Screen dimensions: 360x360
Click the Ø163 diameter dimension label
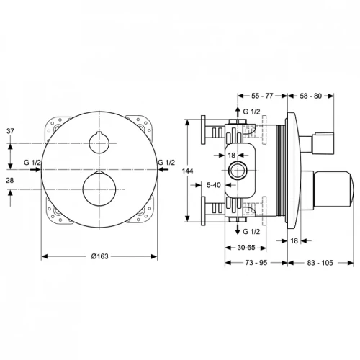tap(99, 256)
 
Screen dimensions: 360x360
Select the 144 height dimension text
tap(187, 171)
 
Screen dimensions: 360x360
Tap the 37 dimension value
tap(10, 131)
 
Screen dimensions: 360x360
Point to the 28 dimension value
tap(10, 180)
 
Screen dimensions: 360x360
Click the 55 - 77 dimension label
tap(262, 96)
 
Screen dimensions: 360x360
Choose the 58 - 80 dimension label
tap(310, 96)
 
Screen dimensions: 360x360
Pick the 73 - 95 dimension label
tap(256, 263)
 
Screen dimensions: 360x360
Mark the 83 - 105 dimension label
tap(320, 263)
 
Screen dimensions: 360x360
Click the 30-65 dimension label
tap(246, 247)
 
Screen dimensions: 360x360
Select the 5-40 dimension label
tap(214, 185)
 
